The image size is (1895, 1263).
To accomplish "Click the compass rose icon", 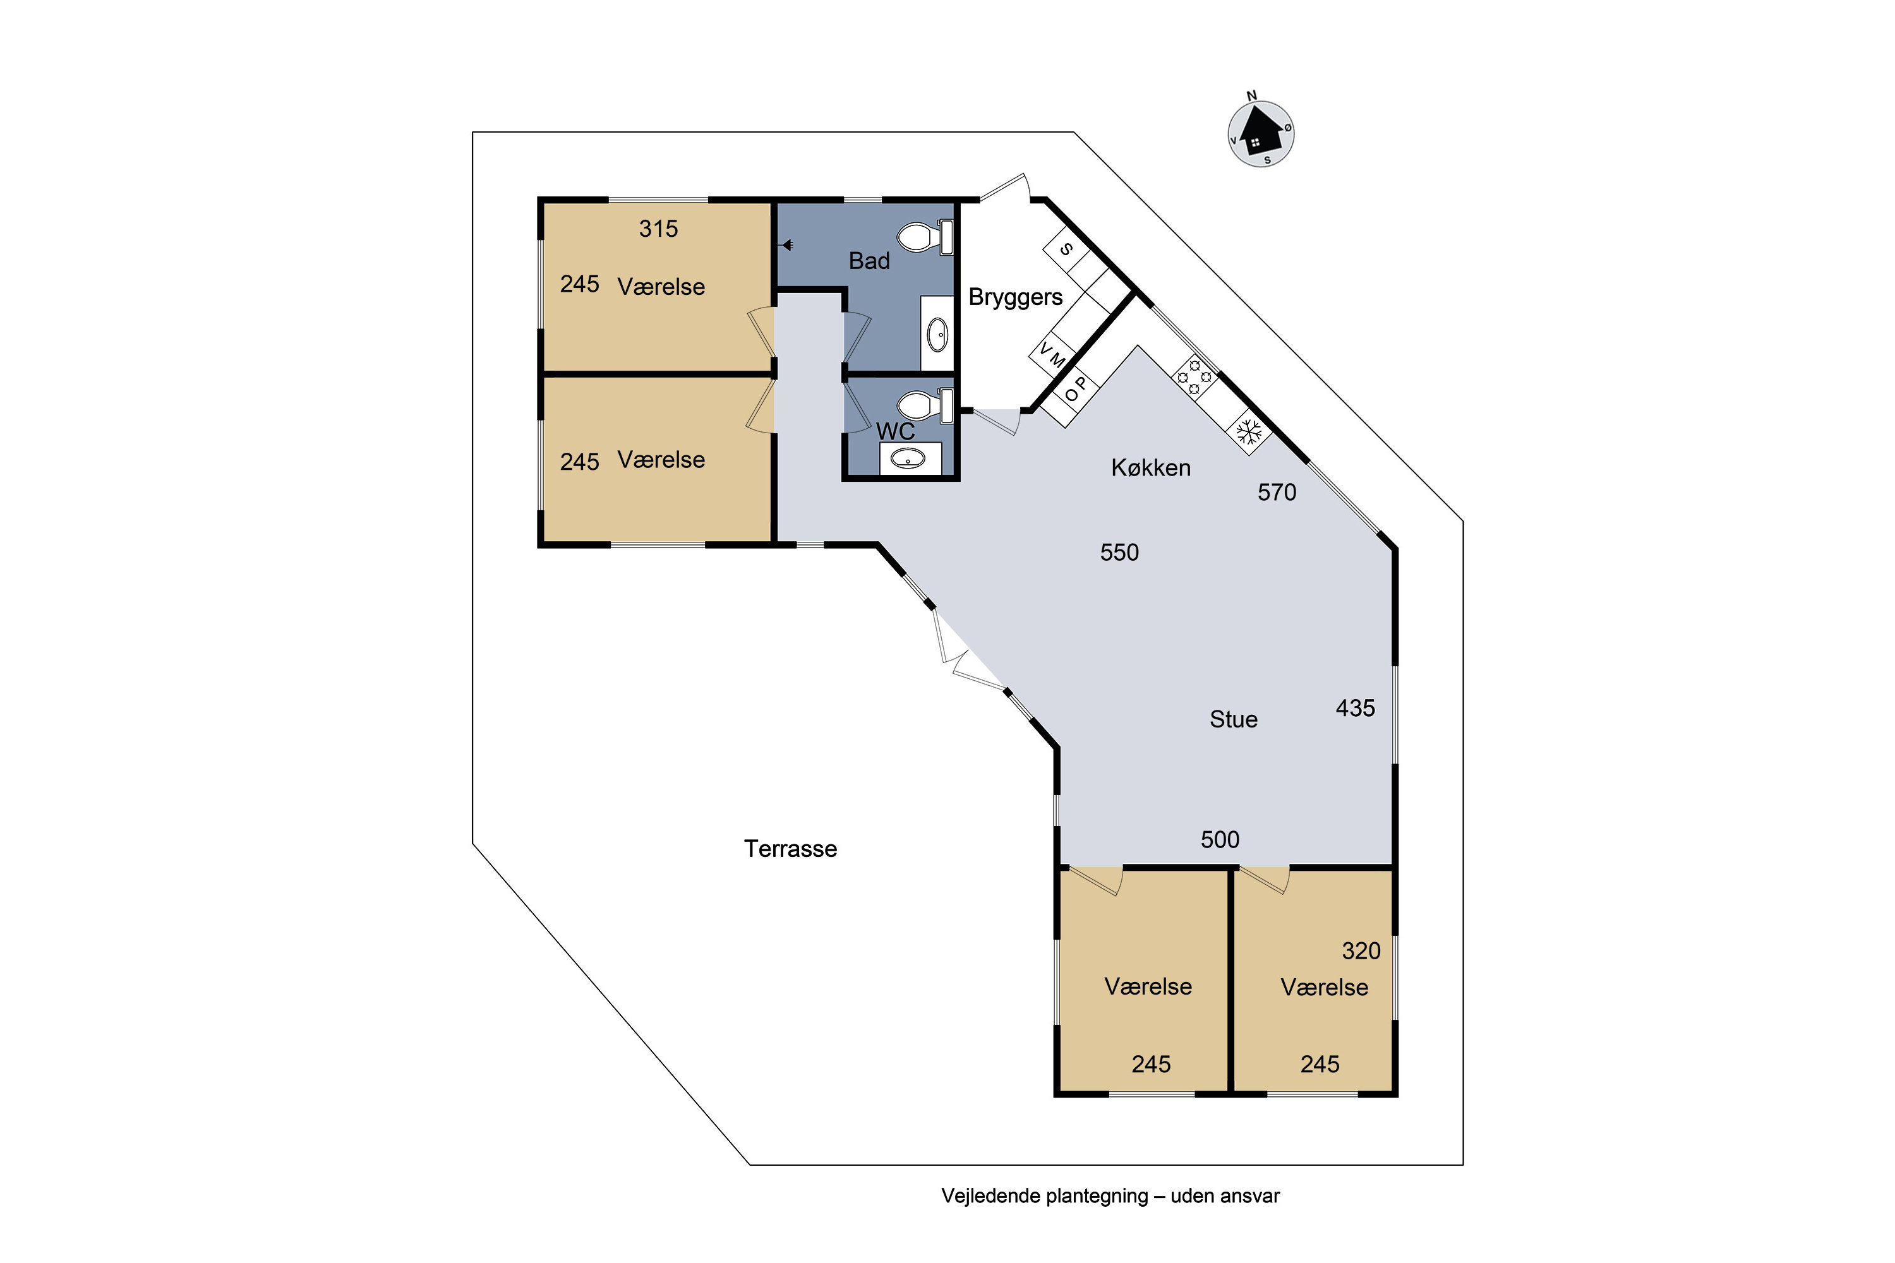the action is (1260, 133).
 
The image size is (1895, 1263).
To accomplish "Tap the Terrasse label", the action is (790, 849).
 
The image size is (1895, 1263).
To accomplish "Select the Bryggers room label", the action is (1015, 298).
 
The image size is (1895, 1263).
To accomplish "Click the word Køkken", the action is (1150, 468).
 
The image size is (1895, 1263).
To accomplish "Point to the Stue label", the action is (1234, 719).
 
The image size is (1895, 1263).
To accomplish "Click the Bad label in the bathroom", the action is (869, 261).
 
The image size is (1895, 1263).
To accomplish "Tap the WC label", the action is (895, 432).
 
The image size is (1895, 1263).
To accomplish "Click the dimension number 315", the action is (658, 229).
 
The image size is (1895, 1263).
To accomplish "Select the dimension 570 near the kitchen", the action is (1277, 492).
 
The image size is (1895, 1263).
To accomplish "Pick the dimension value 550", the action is (1120, 553).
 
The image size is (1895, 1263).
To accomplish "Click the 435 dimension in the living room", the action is (1355, 708).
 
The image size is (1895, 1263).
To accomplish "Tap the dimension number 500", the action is (1220, 840).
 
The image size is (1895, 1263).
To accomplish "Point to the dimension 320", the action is (1361, 951).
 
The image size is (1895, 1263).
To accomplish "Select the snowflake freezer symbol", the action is (1249, 433).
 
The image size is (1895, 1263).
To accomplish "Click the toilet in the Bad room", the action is (925, 237).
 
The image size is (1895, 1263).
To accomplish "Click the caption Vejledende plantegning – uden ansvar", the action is (1110, 1196).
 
